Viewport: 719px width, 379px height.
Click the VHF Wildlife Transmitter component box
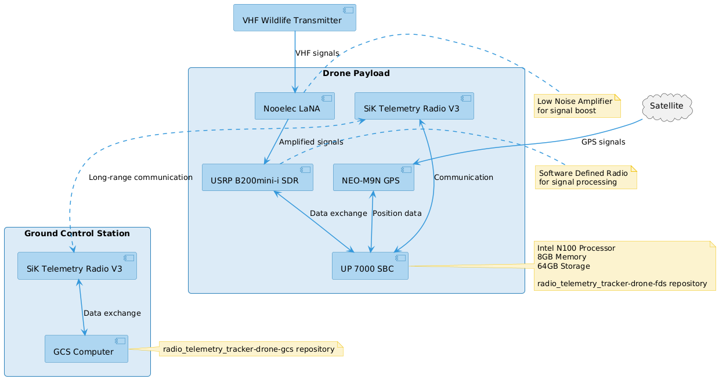pyautogui.click(x=294, y=18)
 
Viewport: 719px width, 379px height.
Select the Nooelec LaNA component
pyautogui.click(x=295, y=106)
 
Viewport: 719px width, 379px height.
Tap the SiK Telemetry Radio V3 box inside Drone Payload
pyautogui.click(x=414, y=106)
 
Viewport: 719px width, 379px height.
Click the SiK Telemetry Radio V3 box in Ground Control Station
pyautogui.click(x=77, y=266)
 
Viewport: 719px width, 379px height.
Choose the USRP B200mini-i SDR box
pyautogui.click(x=257, y=178)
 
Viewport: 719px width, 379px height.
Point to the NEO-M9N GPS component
pyautogui.click(x=373, y=178)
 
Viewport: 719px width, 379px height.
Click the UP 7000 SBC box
pyautogui.click(x=370, y=266)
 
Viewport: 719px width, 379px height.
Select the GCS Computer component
pyautogui.click(x=86, y=349)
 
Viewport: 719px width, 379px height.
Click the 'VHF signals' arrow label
pyautogui.click(x=317, y=53)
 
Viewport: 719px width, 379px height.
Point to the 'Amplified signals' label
pyautogui.click(x=310, y=142)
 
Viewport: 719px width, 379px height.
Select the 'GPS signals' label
pyautogui.click(x=603, y=142)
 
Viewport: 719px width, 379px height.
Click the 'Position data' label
pyautogui.click(x=397, y=214)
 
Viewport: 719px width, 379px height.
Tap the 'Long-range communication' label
pyautogui.click(x=140, y=178)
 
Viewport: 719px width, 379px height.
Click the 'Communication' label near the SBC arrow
pyautogui.click(x=463, y=178)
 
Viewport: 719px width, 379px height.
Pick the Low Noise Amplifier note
pyautogui.click(x=577, y=106)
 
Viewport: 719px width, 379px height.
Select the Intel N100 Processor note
pyautogui.click(x=624, y=266)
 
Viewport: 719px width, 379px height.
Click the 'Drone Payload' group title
pyautogui.click(x=356, y=74)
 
